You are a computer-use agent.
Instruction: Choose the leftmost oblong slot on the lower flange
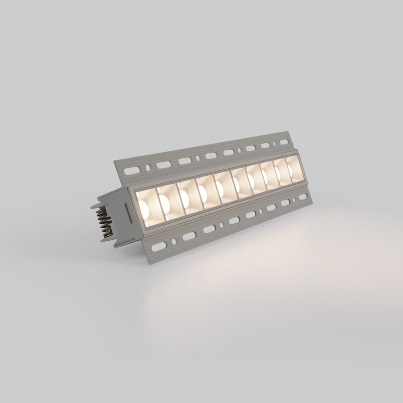[160, 246]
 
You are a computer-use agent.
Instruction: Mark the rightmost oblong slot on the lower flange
[300, 198]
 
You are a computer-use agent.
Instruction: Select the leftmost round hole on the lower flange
[174, 240]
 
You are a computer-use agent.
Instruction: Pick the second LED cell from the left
[166, 199]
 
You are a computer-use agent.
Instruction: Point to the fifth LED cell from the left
[222, 186]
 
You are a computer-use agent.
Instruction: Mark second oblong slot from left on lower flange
[188, 236]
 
